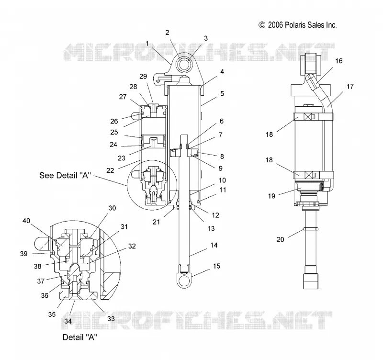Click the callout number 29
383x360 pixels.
tap(143, 77)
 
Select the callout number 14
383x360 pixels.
tap(214, 245)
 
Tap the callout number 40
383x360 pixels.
tap(26, 221)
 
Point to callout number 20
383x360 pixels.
tap(280, 239)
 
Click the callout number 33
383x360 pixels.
tap(111, 318)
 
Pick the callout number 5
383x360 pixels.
tap(222, 93)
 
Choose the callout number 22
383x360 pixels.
tap(110, 170)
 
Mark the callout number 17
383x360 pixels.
tap(350, 87)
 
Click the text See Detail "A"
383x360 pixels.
tap(65, 175)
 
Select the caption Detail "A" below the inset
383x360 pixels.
tap(80, 337)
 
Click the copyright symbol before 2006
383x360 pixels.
tap(262, 25)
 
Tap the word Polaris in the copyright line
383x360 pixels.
tap(295, 25)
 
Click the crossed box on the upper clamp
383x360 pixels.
tap(308, 117)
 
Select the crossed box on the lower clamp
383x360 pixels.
tap(309, 175)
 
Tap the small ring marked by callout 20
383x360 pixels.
tap(310, 229)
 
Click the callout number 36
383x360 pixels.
tap(45, 295)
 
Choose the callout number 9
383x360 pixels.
tap(221, 169)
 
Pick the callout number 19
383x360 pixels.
tap(271, 196)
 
